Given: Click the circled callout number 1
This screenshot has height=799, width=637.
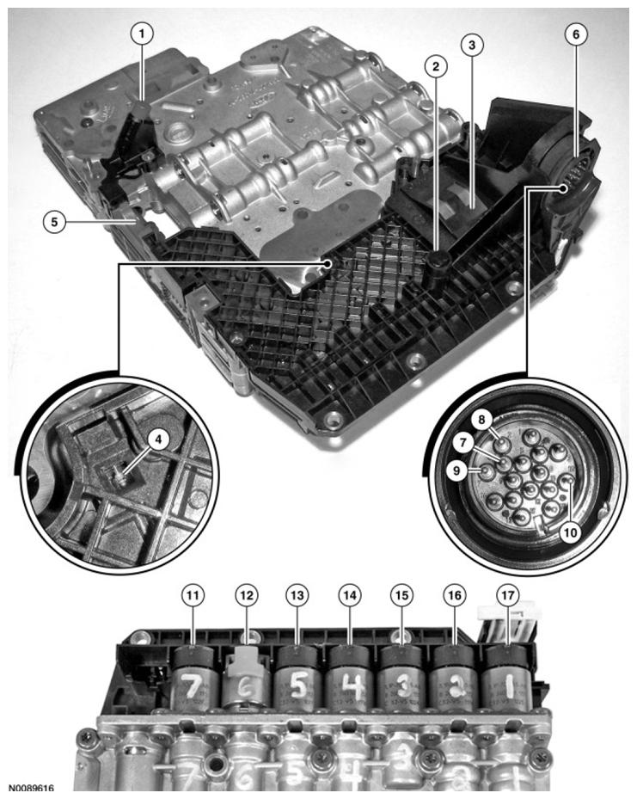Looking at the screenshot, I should [142, 34].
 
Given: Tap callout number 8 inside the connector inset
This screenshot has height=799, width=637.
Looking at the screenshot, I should [483, 420].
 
